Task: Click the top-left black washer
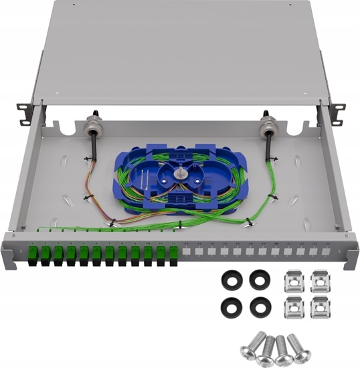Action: click(231, 280)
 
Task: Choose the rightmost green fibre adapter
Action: click(173, 254)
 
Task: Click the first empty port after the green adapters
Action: click(187, 253)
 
